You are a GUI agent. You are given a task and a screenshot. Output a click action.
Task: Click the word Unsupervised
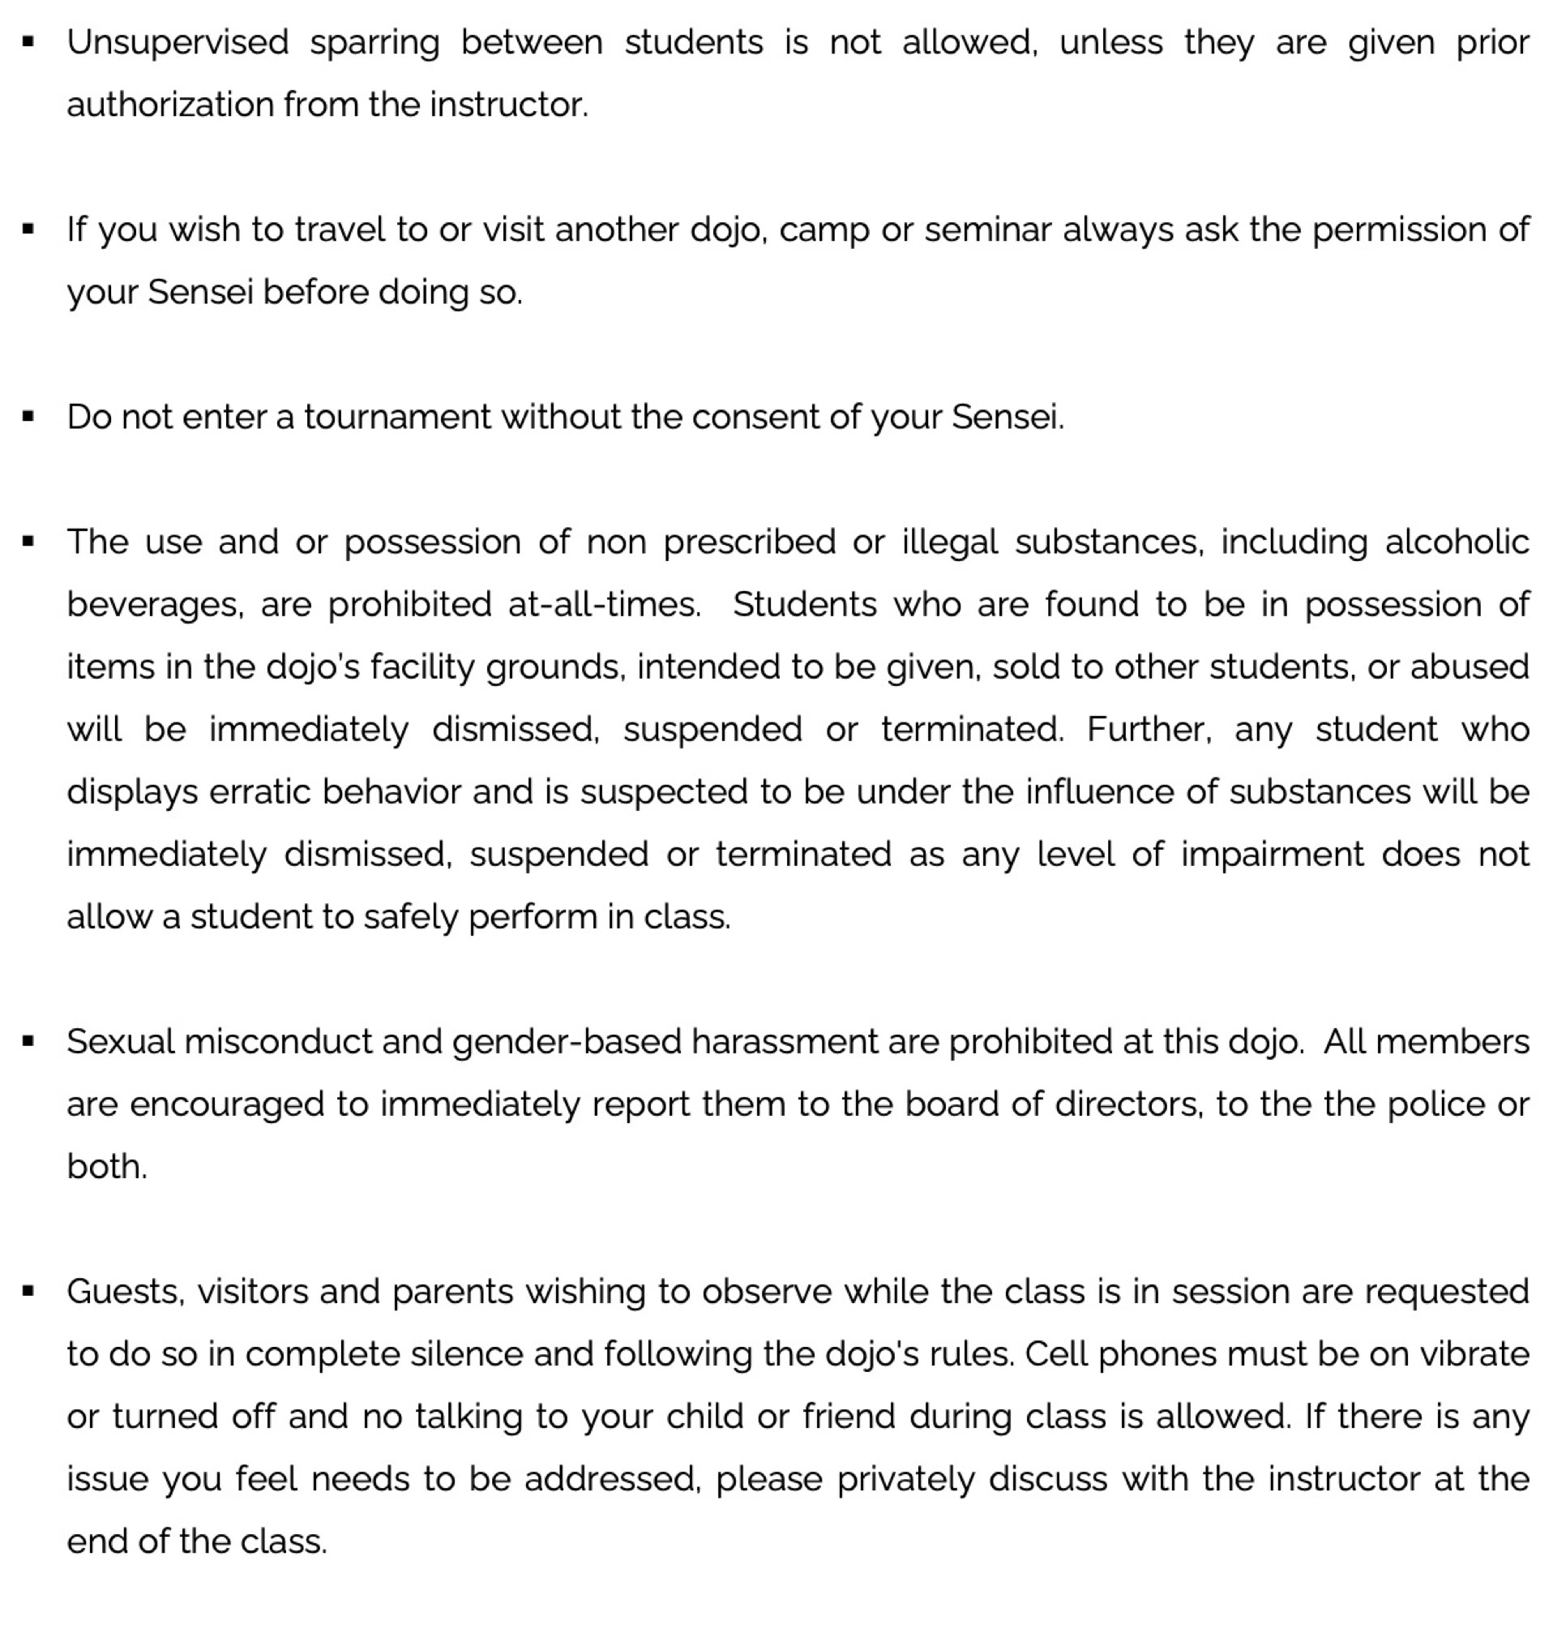point(178,43)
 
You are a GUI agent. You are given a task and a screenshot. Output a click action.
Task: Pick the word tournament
point(397,418)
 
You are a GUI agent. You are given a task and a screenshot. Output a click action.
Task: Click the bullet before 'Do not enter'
point(29,417)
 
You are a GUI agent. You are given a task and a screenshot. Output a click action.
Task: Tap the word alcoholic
point(1457,542)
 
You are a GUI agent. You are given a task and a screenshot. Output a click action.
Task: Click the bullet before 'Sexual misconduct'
point(29,1042)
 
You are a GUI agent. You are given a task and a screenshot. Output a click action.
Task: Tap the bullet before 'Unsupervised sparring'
point(29,41)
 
